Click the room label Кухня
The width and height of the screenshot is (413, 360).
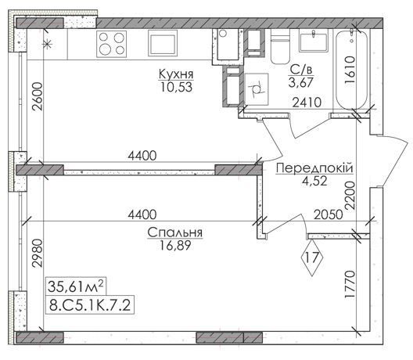point(176,74)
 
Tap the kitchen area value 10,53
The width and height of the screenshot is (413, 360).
point(176,87)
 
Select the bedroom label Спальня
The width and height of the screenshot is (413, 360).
point(175,232)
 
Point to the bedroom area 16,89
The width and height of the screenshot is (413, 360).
point(175,246)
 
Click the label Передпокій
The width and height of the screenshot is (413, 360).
point(314,168)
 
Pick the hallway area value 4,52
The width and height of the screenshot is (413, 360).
point(314,181)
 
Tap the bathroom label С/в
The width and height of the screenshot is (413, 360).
point(301,70)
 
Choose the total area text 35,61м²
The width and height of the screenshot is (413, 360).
point(76,286)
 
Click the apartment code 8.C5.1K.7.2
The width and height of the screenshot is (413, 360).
point(90,306)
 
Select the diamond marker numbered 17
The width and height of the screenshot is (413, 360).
point(312,257)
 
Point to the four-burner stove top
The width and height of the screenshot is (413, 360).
point(111,44)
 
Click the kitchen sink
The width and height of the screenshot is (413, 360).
point(163,43)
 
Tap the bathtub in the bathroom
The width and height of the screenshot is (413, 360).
point(352,70)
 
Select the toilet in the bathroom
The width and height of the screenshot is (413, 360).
point(280,47)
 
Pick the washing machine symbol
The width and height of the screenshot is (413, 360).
point(257,89)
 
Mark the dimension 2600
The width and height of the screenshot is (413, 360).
point(37,96)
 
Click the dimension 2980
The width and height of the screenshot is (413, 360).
point(37,253)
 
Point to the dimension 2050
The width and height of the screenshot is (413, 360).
point(329,214)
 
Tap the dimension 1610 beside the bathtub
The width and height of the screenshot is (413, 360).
point(350,70)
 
